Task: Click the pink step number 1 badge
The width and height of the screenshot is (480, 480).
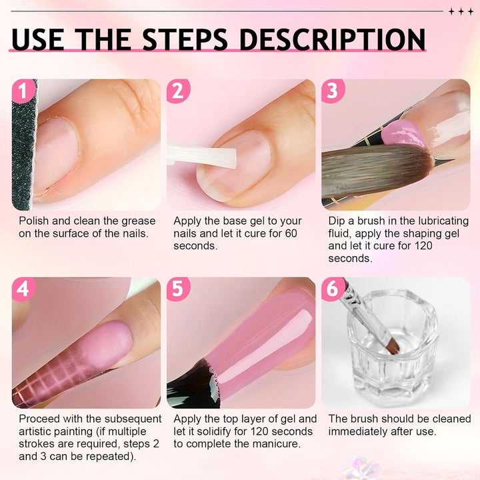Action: (23, 91)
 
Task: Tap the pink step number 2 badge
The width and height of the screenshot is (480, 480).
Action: (178, 91)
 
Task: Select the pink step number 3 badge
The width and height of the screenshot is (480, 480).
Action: (333, 91)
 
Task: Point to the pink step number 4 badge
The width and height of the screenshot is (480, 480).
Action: (23, 289)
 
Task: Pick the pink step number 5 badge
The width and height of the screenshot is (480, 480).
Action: (178, 289)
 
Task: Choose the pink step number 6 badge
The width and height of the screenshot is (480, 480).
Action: (333, 289)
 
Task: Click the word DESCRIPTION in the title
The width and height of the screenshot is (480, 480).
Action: (333, 39)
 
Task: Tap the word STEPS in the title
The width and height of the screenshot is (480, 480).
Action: (185, 39)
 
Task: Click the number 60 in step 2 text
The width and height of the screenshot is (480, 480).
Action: (291, 233)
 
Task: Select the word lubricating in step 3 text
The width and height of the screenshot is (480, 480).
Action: (443, 221)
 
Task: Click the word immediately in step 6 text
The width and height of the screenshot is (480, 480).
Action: (358, 431)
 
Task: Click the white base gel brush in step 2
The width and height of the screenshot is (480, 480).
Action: (202, 157)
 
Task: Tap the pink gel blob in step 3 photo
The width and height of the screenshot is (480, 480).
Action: (403, 134)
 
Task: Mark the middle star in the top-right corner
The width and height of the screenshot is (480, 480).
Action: (461, 11)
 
